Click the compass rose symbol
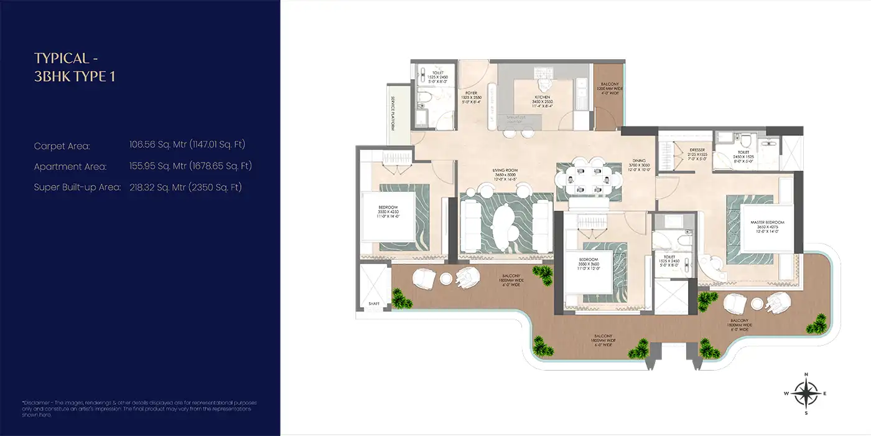point(806,394)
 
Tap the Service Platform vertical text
point(393,113)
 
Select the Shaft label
point(373,304)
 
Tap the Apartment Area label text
point(70,166)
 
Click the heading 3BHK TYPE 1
point(75,77)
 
